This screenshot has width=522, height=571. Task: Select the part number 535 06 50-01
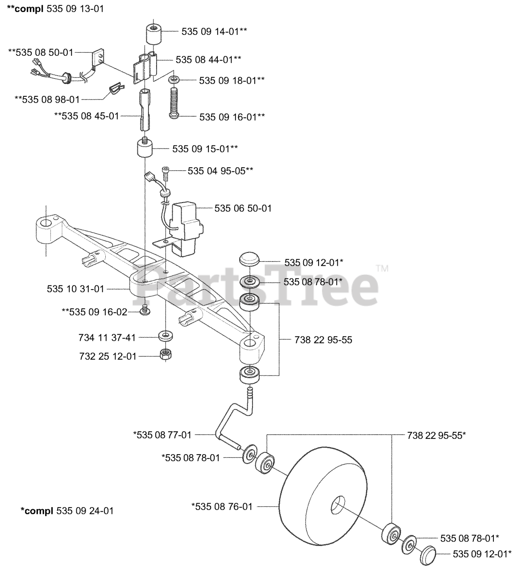pyautogui.click(x=243, y=208)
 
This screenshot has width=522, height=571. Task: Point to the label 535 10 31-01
pyautogui.click(x=75, y=289)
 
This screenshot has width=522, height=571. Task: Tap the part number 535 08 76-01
pyautogui.click(x=222, y=506)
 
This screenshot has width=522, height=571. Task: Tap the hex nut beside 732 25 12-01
pyautogui.click(x=166, y=355)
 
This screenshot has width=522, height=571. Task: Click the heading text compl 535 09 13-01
pyautogui.click(x=55, y=8)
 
